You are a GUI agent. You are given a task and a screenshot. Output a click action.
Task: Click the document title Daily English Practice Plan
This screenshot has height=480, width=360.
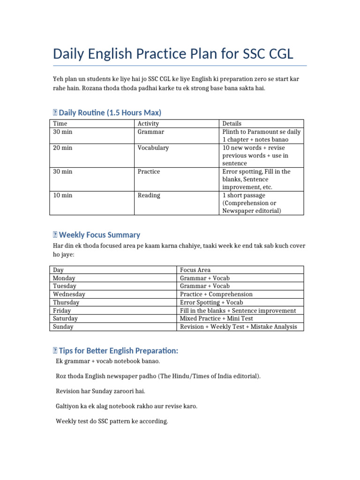click(173, 54)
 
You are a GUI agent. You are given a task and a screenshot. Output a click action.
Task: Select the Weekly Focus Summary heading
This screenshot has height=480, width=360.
click(99, 235)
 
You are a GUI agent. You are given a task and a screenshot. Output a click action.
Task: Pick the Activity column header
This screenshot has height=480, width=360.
click(148, 124)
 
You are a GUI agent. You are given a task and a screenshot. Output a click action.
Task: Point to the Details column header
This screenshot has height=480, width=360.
click(232, 124)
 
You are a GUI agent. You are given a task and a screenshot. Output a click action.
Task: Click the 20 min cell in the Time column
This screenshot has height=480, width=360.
click(63, 148)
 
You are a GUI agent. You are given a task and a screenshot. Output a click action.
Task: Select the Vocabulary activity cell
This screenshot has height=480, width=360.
click(153, 148)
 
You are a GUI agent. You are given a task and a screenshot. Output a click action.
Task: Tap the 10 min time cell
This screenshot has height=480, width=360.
click(63, 195)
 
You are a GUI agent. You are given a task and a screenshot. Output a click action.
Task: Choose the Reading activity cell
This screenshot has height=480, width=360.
click(149, 195)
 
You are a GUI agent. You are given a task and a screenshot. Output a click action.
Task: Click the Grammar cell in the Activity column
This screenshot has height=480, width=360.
click(150, 132)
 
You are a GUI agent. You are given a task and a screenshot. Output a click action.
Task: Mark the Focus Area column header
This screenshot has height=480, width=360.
click(195, 270)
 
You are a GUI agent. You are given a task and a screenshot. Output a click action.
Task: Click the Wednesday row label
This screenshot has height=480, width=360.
click(69, 294)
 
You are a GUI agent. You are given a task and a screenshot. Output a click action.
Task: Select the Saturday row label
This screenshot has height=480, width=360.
click(66, 319)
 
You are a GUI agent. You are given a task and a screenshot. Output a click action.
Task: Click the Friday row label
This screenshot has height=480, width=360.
click(62, 311)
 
